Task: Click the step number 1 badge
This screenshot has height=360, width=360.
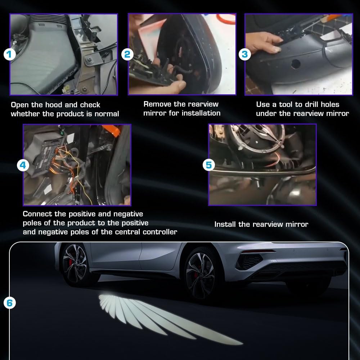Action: (10, 55)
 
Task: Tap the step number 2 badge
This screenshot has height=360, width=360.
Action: (127, 54)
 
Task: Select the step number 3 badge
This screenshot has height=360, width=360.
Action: (245, 54)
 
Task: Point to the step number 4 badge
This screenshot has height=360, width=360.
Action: (23, 165)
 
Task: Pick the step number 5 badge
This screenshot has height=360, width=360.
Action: (209, 165)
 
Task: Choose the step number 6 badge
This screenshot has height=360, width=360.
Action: (10, 303)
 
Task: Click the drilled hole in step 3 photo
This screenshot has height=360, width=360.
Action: (296, 64)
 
